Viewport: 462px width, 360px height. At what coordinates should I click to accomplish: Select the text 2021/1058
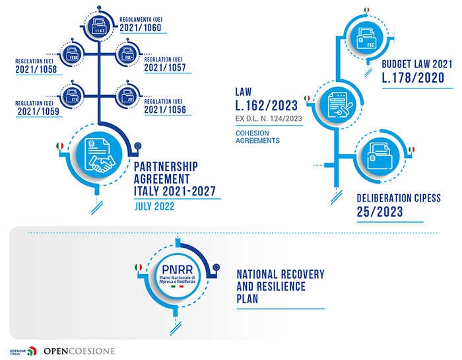pos(36,69)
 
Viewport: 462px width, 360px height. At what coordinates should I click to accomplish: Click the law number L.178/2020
pos(411,78)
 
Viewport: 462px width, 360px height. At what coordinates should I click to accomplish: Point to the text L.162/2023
pos(268,106)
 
